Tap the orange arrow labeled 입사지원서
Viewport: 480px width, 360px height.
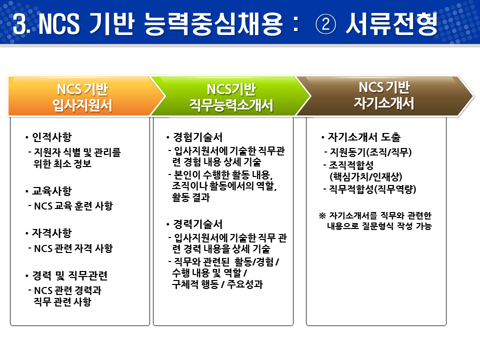tap(82, 96)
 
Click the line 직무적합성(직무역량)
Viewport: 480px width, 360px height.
tap(373, 189)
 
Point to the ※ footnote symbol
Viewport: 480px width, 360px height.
tap(322, 215)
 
